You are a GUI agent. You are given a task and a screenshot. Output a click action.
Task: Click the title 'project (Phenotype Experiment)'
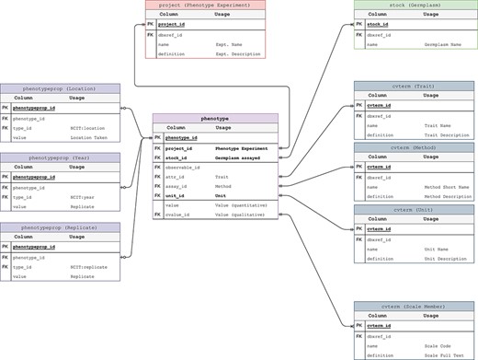click(205, 5)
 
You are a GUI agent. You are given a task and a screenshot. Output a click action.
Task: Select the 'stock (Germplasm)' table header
click(414, 5)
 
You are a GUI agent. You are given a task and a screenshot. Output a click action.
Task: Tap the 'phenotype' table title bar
click(214, 118)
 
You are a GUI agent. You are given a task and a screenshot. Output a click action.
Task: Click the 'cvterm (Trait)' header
click(414, 86)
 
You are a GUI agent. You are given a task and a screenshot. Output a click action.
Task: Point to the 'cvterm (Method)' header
click(414, 146)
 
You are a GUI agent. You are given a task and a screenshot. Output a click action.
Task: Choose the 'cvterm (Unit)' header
click(414, 209)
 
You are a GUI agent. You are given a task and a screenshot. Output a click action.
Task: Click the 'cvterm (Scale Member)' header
click(414, 305)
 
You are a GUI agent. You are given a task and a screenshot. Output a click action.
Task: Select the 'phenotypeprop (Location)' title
click(60, 88)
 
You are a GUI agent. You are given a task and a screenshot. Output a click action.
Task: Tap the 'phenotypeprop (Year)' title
click(60, 157)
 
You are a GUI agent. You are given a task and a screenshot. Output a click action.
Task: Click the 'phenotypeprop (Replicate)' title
click(60, 226)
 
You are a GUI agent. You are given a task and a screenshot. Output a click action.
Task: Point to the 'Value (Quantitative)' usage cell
click(241, 204)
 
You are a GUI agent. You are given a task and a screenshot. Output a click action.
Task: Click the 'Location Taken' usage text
click(88, 137)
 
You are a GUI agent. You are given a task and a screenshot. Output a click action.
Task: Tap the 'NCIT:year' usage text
click(83, 196)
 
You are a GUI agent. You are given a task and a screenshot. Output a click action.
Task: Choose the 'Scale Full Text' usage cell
click(443, 353)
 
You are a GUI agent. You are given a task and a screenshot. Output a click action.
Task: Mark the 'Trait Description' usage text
click(445, 134)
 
